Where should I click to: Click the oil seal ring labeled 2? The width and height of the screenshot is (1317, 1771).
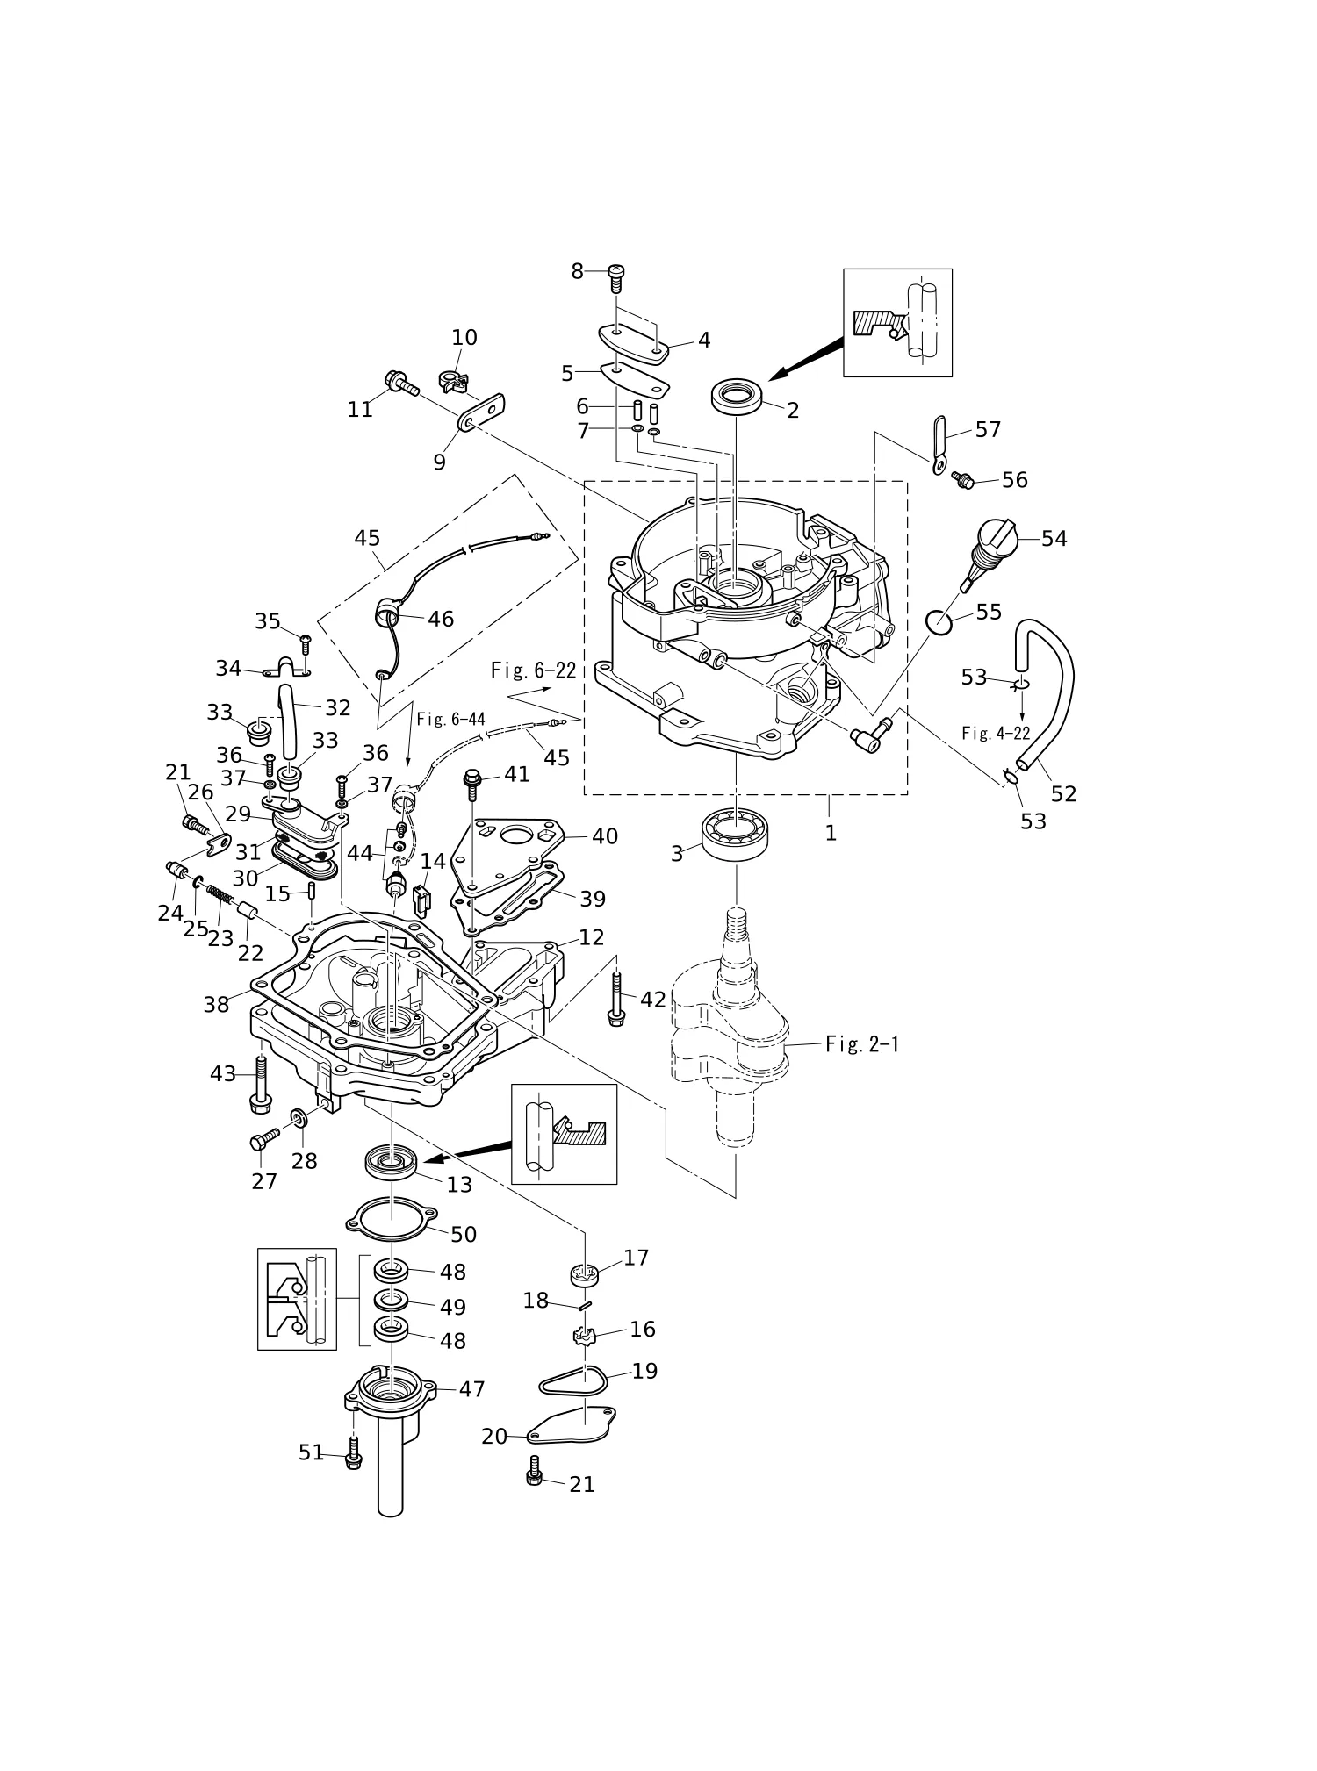click(735, 396)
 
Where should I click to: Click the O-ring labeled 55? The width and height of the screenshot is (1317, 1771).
click(941, 622)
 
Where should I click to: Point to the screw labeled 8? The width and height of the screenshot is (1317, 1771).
click(615, 280)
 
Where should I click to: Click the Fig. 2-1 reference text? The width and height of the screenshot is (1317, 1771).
click(862, 1044)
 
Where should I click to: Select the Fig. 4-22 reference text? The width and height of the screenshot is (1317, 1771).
click(996, 734)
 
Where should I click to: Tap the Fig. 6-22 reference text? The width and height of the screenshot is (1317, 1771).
click(533, 671)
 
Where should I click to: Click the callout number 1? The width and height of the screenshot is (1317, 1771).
click(831, 832)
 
